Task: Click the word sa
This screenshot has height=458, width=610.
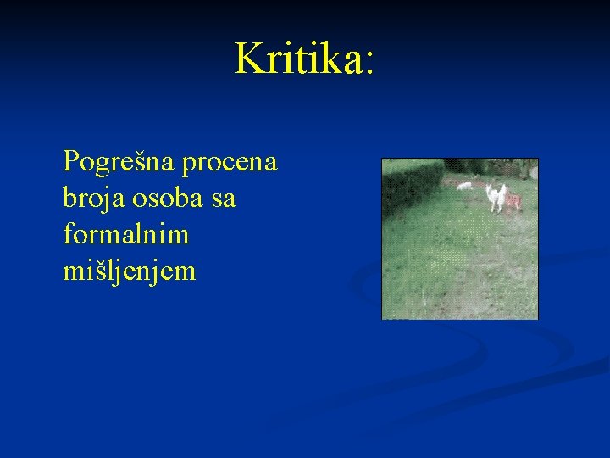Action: pos(224,200)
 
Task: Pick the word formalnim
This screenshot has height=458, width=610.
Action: pos(125,235)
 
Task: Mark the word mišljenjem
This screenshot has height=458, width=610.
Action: pos(129,273)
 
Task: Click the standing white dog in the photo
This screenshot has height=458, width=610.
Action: pos(496,197)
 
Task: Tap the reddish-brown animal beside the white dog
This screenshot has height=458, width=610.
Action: pos(513,201)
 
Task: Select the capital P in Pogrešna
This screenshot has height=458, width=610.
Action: pos(70,160)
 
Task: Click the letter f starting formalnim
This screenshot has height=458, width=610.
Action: pos(68,235)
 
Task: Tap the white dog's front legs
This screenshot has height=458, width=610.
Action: pos(494,206)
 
